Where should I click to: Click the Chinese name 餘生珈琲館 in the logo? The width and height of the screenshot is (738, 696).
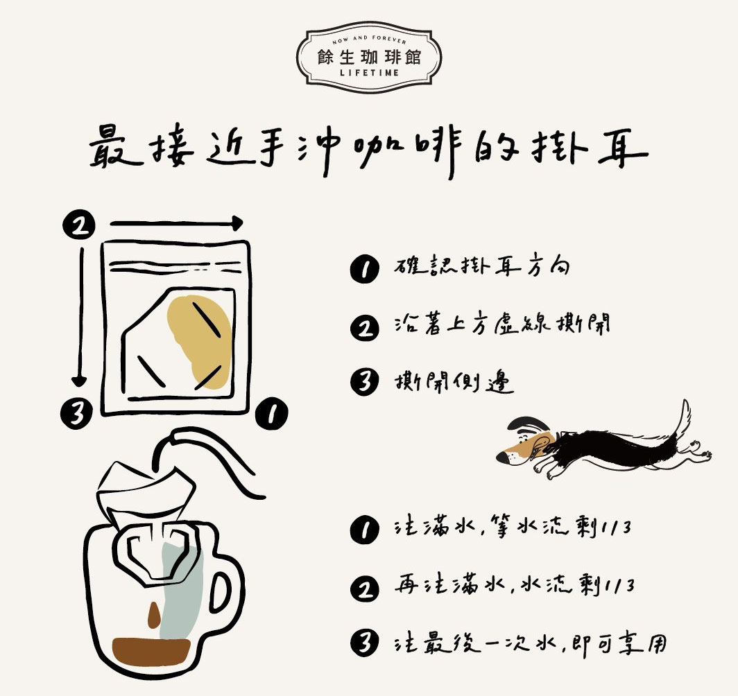[369, 55]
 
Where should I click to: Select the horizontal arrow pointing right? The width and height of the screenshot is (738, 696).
[176, 223]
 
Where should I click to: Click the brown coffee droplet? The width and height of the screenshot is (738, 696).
[153, 614]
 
